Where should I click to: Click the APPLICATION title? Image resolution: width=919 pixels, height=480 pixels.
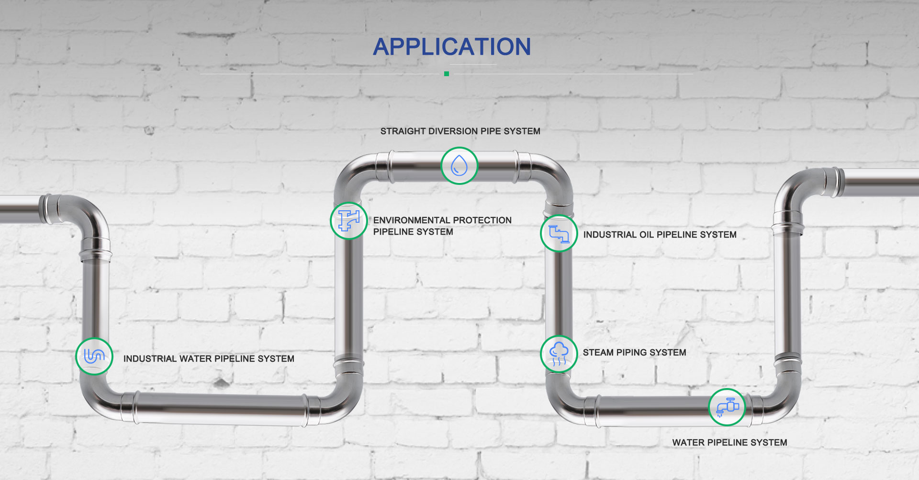coord(452,47)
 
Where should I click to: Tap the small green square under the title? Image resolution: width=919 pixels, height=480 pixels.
coord(447,74)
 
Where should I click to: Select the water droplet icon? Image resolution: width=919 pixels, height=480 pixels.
coord(459,166)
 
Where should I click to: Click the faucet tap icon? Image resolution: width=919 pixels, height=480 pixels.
coord(727,407)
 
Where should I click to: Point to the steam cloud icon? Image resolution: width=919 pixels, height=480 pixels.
coord(559,354)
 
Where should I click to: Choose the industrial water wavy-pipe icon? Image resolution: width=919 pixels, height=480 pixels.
coord(94,356)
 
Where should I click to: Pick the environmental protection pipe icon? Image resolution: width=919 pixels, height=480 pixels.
coord(349,221)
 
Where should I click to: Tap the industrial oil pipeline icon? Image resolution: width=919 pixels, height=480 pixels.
coord(559,234)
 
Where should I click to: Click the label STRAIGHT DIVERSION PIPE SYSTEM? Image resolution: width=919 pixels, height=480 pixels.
coord(460,131)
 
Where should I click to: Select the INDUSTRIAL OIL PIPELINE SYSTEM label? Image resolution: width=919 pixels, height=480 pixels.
coord(660,235)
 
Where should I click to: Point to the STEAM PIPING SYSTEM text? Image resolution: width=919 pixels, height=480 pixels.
coord(634,353)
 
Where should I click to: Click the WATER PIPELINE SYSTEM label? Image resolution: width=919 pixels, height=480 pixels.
coord(729,443)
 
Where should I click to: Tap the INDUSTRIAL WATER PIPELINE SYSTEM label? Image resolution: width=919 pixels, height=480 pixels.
coord(209,359)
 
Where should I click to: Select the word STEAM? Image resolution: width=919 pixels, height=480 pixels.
coord(598,353)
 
